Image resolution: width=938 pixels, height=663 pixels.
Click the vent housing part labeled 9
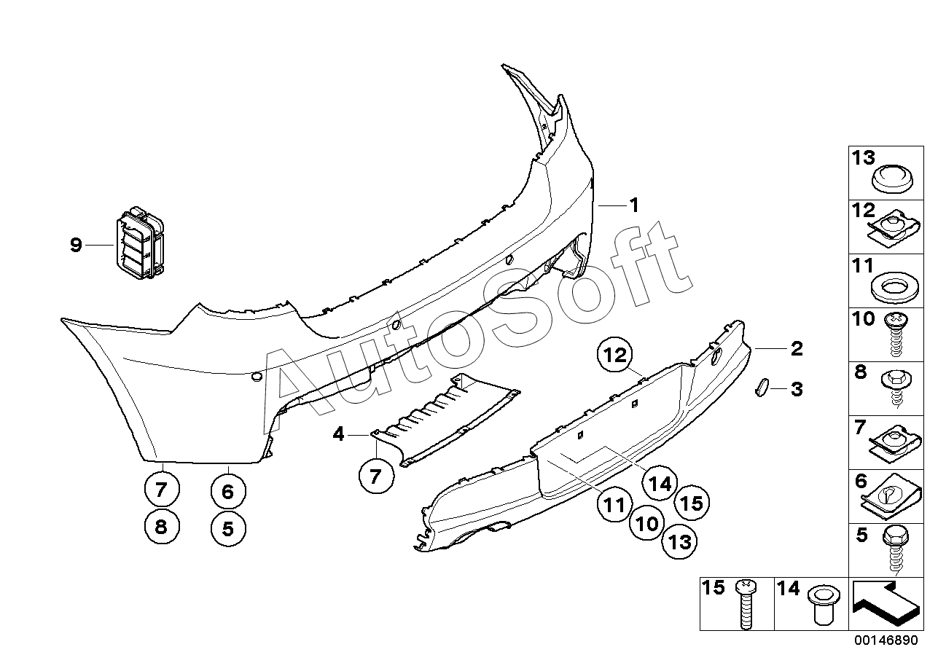[x=140, y=243]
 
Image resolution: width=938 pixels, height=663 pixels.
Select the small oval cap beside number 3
[x=760, y=387]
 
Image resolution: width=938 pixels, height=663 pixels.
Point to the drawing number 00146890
[x=886, y=640]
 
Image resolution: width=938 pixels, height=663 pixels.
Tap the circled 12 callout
[x=614, y=355]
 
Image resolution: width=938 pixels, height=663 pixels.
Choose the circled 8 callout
[x=162, y=526]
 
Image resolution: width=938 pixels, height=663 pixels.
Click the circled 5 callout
[x=228, y=529]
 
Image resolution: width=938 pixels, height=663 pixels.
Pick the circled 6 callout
[x=228, y=491]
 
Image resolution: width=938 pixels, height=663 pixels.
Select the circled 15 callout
[x=692, y=503]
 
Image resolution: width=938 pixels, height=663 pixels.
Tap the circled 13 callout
[x=680, y=541]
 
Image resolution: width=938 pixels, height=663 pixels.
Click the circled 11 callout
[x=614, y=504]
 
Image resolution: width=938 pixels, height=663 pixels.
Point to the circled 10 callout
[x=647, y=523]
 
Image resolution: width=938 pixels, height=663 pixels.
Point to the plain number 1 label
[x=634, y=205]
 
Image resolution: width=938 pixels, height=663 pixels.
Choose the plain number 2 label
[x=797, y=349]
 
